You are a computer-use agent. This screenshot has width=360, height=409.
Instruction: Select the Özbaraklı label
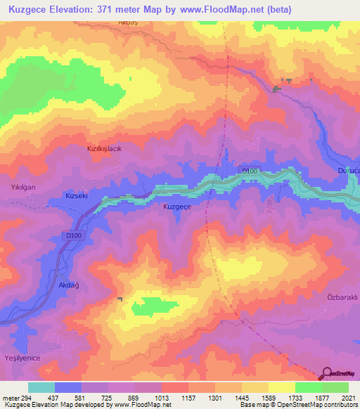[342, 297]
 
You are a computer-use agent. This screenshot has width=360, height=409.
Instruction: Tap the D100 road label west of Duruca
[250, 171]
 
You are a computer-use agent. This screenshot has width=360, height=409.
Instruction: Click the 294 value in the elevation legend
[27, 398]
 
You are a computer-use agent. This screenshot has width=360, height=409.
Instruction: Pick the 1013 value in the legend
[161, 398]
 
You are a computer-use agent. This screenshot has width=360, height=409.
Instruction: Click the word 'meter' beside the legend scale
[11, 398]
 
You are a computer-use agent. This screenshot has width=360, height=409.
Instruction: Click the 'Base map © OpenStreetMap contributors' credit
[298, 405]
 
